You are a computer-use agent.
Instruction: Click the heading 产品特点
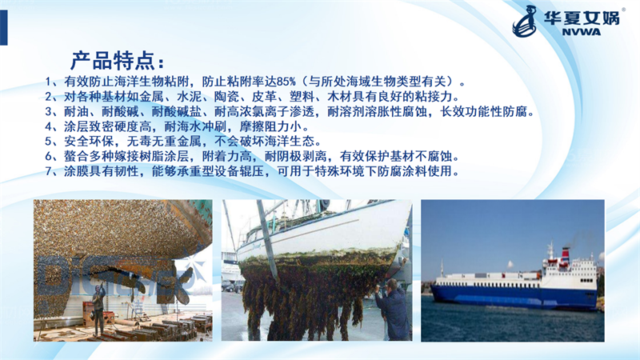tap(114, 62)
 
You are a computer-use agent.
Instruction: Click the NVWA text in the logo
tap(582, 32)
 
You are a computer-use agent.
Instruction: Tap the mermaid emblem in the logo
tap(526, 22)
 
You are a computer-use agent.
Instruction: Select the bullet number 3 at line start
tap(49, 111)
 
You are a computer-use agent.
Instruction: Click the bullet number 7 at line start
tap(49, 171)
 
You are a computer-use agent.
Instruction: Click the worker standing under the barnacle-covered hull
tap(98, 310)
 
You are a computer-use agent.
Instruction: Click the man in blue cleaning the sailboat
tap(392, 309)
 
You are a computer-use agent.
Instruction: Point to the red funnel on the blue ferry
tap(566, 253)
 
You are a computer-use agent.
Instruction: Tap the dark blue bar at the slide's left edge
tap(4, 27)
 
